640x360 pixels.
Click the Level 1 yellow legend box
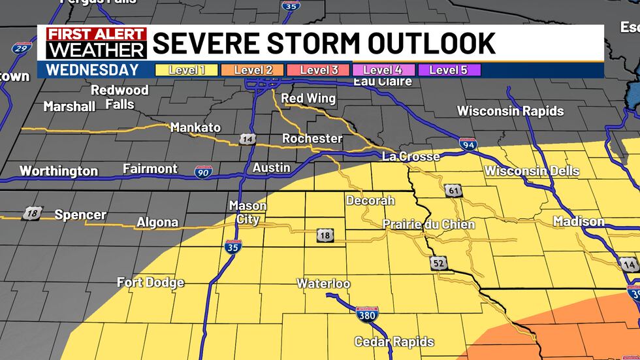(186, 70)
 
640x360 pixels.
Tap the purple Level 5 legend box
(449, 70)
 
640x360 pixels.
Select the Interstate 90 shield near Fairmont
(203, 172)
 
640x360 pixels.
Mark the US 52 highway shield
(438, 263)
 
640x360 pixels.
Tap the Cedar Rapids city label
(394, 342)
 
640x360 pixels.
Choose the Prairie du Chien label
(428, 224)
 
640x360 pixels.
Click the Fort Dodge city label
(150, 282)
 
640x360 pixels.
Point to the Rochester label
(312, 139)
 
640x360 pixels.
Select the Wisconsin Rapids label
(510, 111)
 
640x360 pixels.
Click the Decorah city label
(370, 200)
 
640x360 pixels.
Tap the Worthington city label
(59, 171)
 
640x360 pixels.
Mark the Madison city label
(579, 221)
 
